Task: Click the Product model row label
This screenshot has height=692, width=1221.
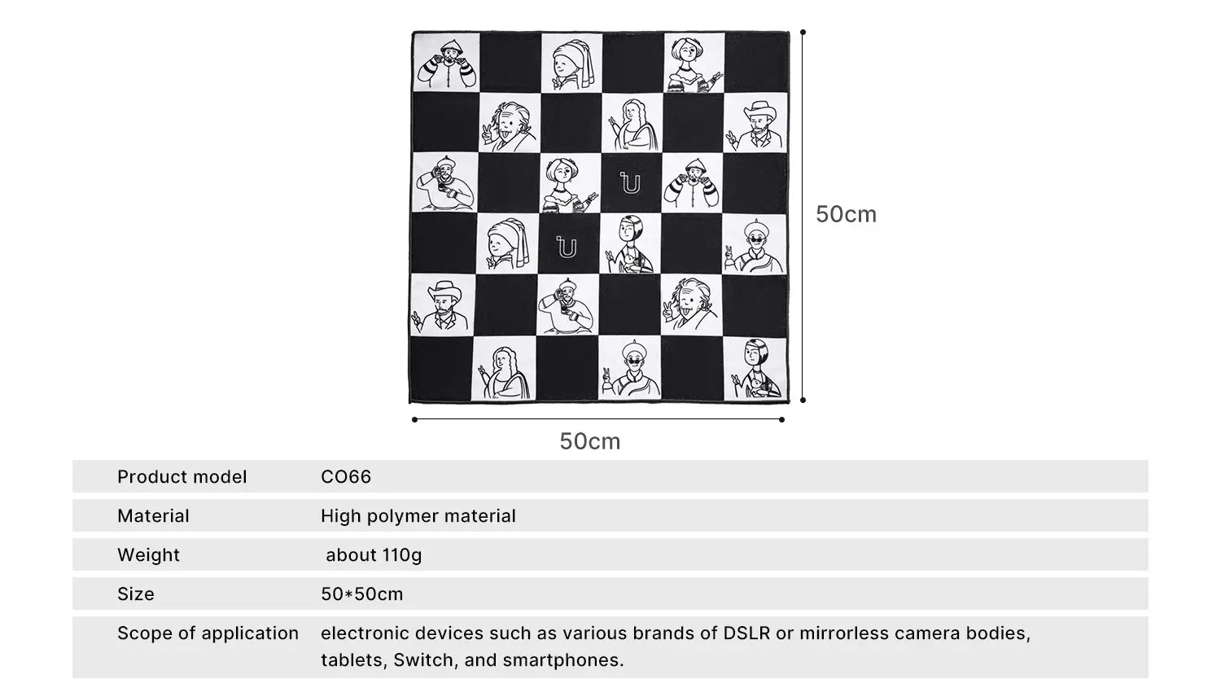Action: coord(182,477)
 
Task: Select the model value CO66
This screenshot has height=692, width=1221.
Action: coord(346,477)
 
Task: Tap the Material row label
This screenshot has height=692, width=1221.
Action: coord(153,516)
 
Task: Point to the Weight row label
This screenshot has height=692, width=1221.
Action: coord(148,555)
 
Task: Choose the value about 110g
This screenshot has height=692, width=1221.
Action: coord(374,555)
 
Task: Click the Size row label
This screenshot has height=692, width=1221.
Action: coord(135,594)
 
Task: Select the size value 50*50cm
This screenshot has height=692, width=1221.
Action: coord(361,594)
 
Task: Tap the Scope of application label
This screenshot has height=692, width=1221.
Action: coord(208,633)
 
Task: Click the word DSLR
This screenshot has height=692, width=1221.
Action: coord(746,633)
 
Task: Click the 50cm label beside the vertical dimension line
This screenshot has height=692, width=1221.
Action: coord(846,214)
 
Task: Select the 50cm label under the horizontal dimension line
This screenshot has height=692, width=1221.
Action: coord(589,441)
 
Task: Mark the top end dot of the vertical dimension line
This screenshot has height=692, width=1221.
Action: coord(803,33)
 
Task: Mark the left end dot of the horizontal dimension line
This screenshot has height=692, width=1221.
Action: coord(414,420)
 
